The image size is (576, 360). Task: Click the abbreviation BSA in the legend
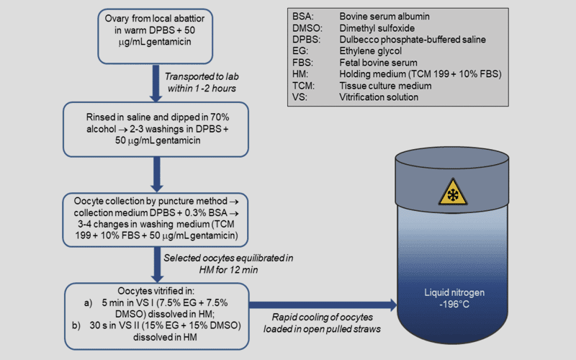pyautogui.click(x=304, y=14)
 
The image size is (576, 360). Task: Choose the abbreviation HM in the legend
pyautogui.click(x=301, y=73)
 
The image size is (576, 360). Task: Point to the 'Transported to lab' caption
pyautogui.click(x=204, y=81)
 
